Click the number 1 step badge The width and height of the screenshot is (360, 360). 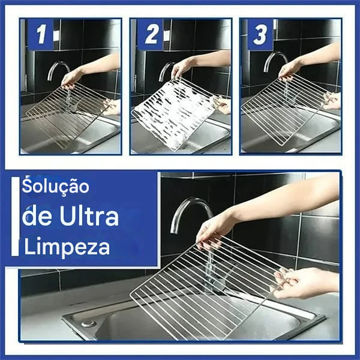click(x=40, y=35)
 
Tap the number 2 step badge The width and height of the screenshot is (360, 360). click(x=151, y=35)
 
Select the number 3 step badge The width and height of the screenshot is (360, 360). click(x=260, y=35)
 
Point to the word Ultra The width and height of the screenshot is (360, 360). click(x=89, y=217)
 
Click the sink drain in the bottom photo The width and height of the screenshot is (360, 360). click(x=88, y=323)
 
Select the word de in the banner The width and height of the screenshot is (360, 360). click(x=36, y=217)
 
